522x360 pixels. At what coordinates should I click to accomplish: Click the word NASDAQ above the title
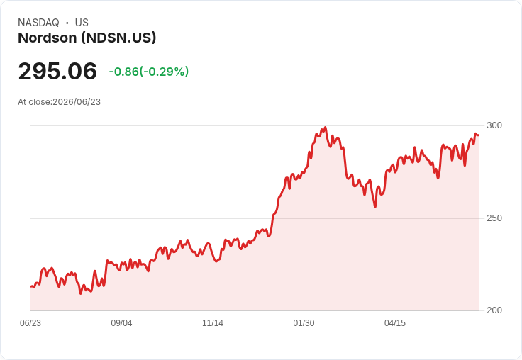pos(38,23)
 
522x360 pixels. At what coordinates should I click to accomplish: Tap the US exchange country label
pos(82,23)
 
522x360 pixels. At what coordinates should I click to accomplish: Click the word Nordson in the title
pos(48,38)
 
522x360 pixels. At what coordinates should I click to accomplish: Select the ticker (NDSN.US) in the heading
pos(118,38)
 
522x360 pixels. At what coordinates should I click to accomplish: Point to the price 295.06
pos(57,71)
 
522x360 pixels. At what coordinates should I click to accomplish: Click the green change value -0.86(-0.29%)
pos(149,72)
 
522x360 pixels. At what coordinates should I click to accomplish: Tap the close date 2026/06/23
pos(77,102)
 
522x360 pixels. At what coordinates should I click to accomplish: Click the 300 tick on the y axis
pos(494,125)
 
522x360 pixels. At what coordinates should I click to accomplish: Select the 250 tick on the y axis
pos(494,218)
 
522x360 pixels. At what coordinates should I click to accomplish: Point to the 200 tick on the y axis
pos(494,310)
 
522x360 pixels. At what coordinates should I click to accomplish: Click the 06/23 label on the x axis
pos(30,323)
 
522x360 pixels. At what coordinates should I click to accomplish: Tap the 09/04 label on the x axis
pos(121,323)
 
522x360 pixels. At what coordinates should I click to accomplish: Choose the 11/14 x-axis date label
pos(213,323)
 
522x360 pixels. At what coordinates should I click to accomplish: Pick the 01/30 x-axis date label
pos(304,323)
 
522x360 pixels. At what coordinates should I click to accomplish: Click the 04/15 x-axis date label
pos(395,323)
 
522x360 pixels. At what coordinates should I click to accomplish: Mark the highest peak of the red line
pos(326,127)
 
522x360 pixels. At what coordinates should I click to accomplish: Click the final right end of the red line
pos(479,135)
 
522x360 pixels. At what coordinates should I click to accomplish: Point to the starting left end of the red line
pos(31,286)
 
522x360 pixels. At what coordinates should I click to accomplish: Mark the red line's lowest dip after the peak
pos(375,207)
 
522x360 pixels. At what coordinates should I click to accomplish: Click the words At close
pos(34,102)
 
